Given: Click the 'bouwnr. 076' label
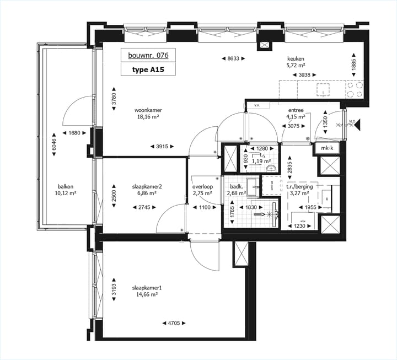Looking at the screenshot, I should point(148,56).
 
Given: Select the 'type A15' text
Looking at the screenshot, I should point(147,70).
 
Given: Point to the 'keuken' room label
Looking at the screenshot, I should point(296,58).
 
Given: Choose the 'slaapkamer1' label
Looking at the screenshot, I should point(147,288).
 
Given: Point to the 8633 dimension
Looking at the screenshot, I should point(232,58).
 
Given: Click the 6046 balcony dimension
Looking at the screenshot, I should point(54,144).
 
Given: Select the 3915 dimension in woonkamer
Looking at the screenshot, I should point(162,146).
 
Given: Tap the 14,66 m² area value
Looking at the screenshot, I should point(147,295).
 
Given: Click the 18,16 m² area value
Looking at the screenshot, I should point(147,117).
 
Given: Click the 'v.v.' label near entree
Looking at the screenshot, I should point(257,104).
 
